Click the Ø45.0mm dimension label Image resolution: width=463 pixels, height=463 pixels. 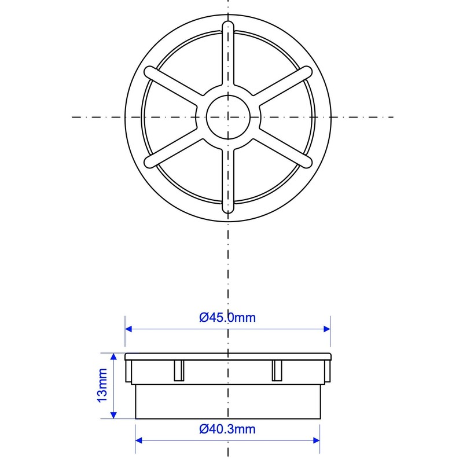click(227, 317)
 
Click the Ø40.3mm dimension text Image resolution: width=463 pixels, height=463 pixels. click(227, 429)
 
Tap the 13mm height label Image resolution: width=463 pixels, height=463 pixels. click(102, 385)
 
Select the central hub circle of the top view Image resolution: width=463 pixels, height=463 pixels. click(228, 117)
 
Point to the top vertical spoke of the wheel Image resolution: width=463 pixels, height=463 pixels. click(228, 55)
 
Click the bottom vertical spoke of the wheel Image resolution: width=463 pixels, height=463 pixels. click(228, 179)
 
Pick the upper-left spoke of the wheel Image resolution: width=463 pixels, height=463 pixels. click(174, 86)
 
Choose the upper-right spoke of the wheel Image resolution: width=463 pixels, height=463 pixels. click(282, 86)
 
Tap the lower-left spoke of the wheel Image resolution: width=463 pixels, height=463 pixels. click(174, 148)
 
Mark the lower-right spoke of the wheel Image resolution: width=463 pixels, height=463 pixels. click(282, 148)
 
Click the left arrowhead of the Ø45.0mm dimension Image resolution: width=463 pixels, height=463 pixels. click(130, 329)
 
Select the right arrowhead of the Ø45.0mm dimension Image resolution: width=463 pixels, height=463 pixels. click(326, 329)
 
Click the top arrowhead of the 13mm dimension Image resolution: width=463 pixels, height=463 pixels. click(114, 357)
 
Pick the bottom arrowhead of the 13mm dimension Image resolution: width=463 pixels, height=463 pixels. click(114, 414)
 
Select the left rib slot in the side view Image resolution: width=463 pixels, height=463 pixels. click(179, 370)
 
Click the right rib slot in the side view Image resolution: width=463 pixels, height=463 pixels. click(277, 370)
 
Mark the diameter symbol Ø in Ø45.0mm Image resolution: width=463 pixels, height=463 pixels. click(204, 317)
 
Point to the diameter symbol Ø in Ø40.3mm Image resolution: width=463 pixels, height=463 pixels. click(204, 429)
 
